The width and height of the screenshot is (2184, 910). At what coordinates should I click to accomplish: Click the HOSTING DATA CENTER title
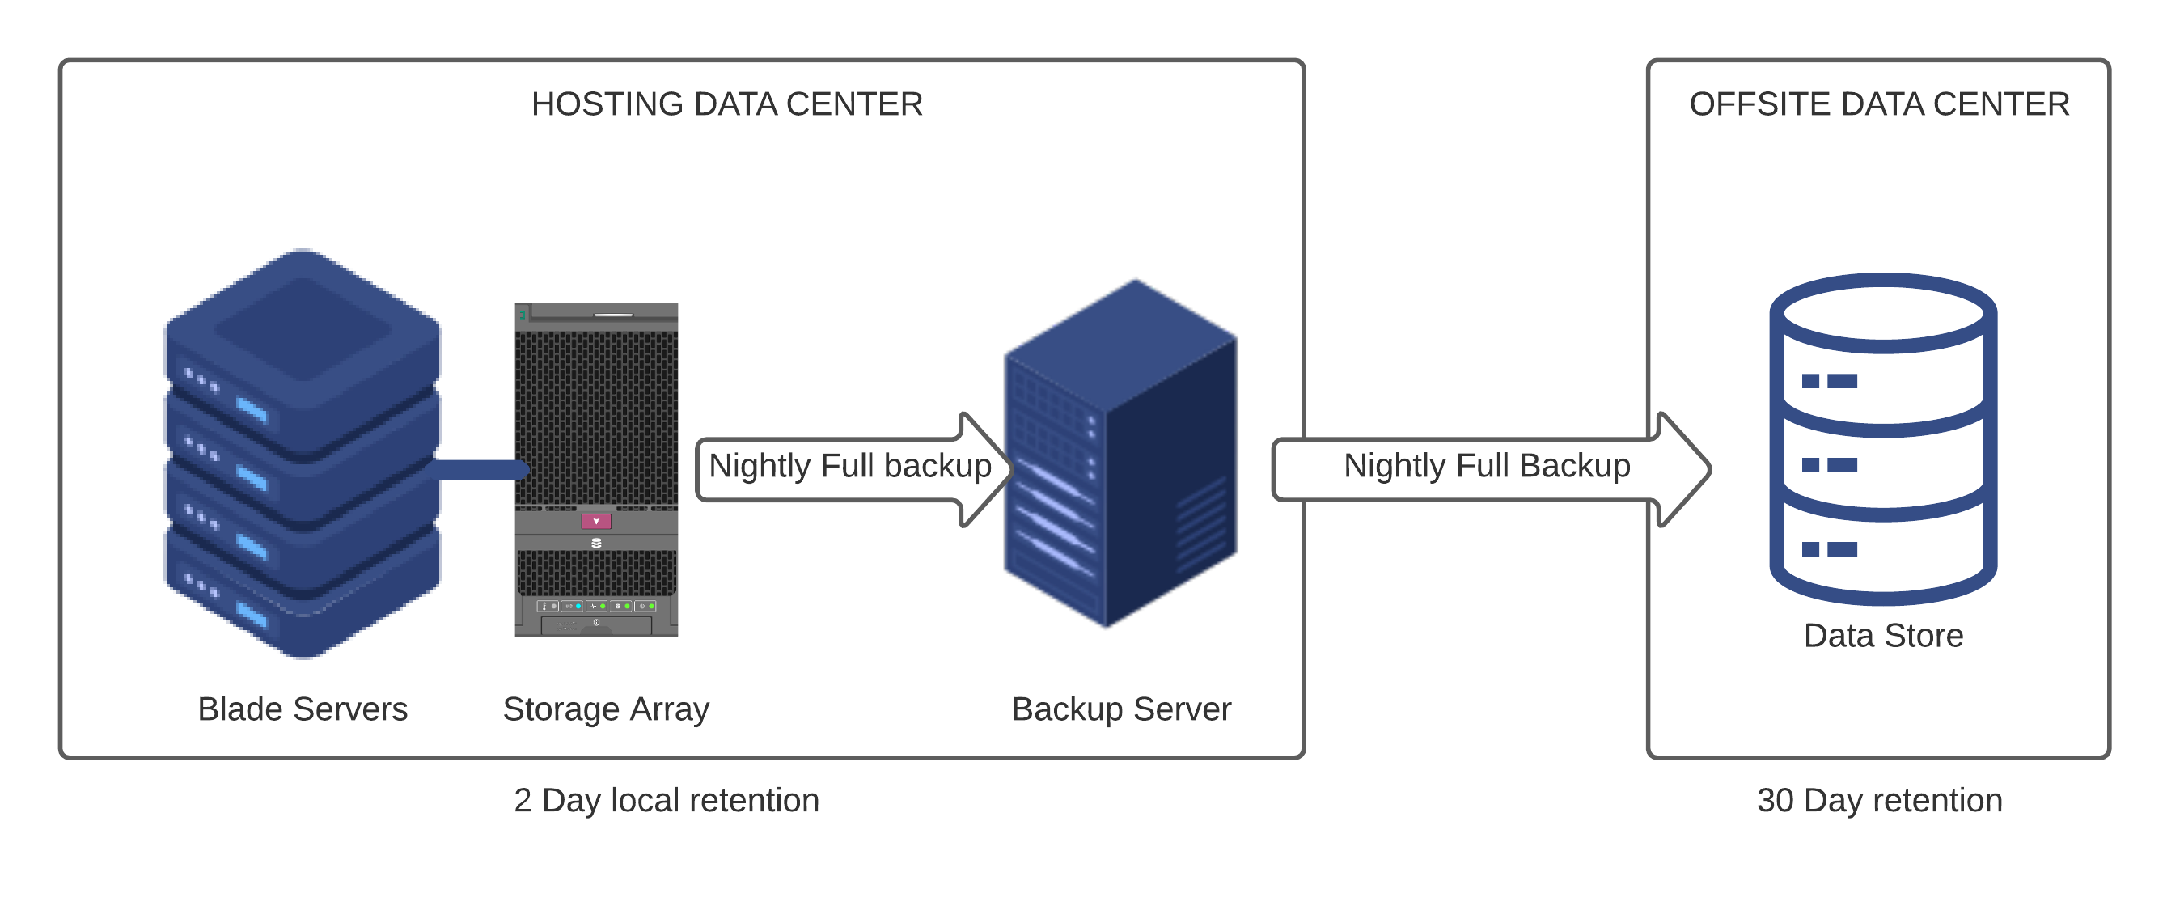pos(726,104)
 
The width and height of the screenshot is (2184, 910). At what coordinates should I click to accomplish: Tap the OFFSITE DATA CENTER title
pos(1879,104)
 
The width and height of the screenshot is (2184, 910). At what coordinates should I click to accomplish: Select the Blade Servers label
pos(303,709)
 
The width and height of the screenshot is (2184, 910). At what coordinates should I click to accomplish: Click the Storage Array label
pos(605,709)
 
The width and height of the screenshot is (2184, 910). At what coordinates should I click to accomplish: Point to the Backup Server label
pos(1121,709)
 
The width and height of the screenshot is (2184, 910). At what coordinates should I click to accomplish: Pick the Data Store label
pos(1883,636)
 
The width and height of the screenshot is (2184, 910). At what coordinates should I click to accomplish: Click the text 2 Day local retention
pos(667,801)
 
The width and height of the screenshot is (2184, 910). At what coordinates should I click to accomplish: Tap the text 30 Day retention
pos(1879,801)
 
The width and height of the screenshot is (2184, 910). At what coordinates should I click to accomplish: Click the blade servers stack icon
pos(303,454)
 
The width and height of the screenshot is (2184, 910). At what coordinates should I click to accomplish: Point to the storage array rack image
pos(596,469)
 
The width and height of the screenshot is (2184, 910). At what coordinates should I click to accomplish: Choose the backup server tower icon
pos(1120,454)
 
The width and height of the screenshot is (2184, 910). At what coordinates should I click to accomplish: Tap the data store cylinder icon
pos(1883,438)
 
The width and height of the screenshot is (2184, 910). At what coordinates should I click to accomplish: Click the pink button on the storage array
pos(596,522)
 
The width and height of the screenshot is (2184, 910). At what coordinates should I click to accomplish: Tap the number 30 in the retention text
pos(1775,801)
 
